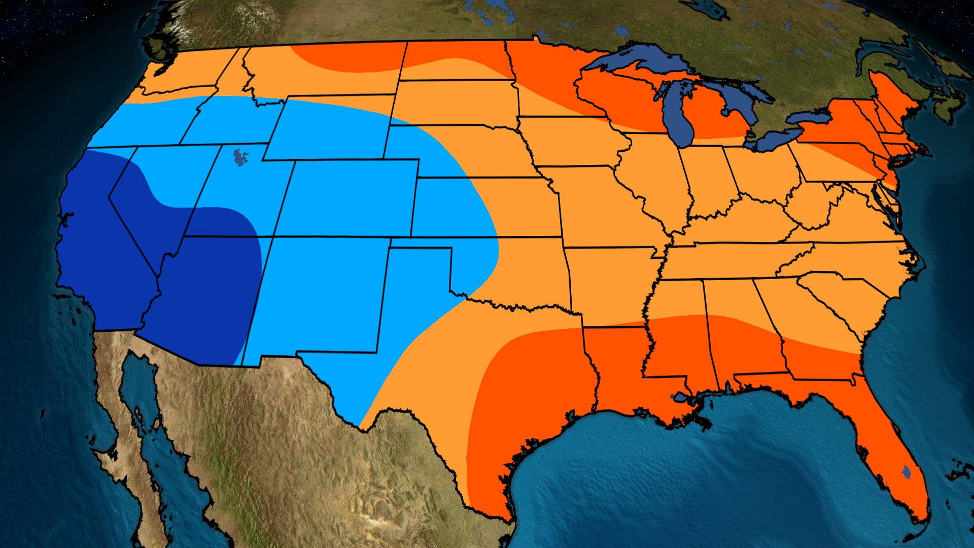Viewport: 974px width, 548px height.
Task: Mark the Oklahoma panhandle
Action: [421, 243]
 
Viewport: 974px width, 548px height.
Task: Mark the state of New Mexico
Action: [320, 294]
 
